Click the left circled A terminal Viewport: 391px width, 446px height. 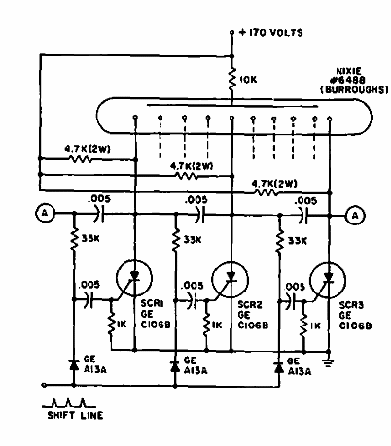pos(42,212)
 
